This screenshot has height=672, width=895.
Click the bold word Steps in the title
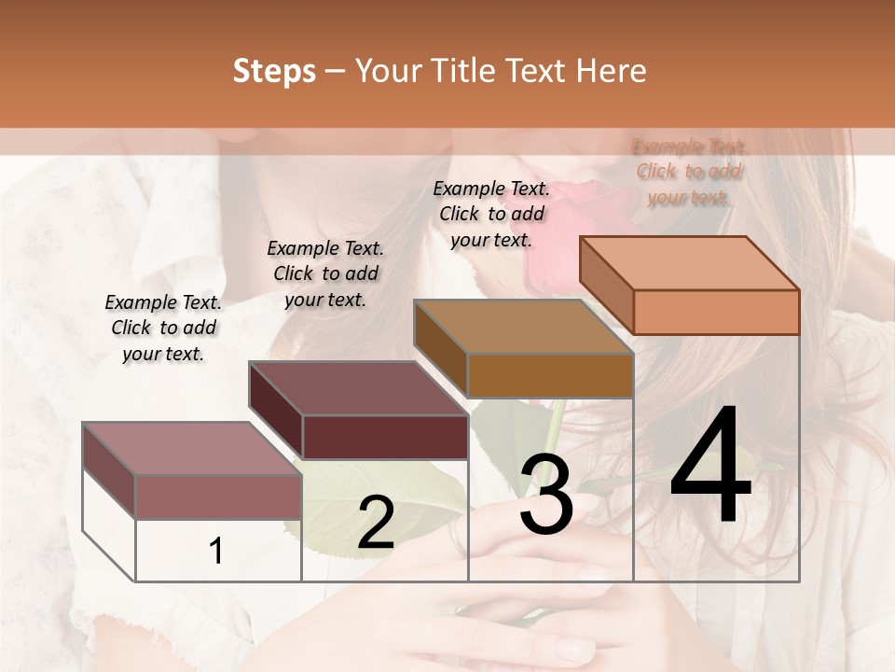(x=274, y=71)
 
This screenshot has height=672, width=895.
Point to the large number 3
(x=546, y=495)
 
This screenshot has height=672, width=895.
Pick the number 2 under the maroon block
(x=376, y=524)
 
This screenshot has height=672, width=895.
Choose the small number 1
(x=216, y=552)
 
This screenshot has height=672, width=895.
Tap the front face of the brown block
(x=550, y=376)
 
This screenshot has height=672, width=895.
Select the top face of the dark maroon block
(x=359, y=387)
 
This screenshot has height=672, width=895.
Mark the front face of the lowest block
(x=218, y=497)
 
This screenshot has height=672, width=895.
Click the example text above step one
(x=163, y=328)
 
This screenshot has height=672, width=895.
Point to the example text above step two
(x=325, y=273)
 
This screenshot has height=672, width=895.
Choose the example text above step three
(x=491, y=214)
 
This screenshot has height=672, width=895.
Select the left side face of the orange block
(x=606, y=286)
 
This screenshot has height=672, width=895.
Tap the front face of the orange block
(x=716, y=312)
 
